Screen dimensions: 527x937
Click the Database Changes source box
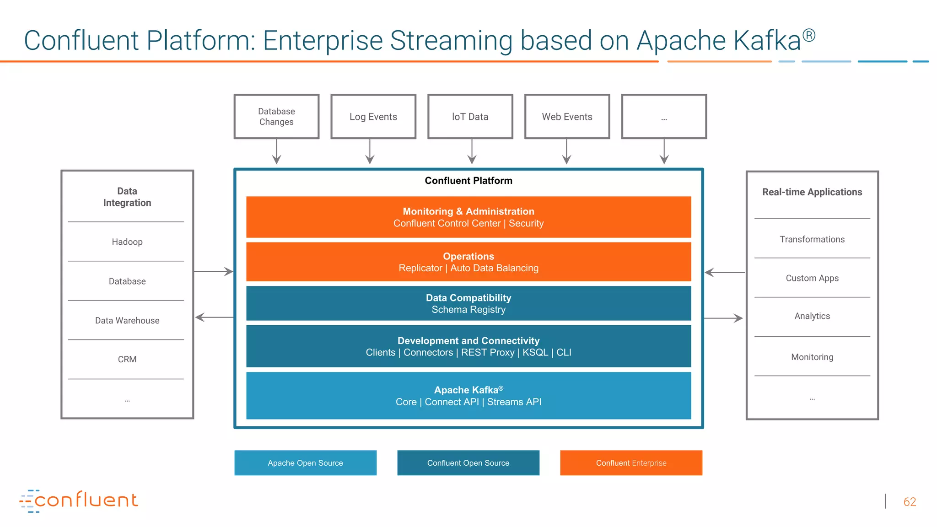(276, 117)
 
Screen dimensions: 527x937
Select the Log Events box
(373, 117)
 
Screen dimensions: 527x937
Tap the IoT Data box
(470, 117)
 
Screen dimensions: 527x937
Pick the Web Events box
(567, 117)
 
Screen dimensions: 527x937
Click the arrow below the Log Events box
(370, 152)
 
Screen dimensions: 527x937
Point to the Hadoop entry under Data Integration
(127, 242)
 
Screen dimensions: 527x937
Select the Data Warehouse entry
(127, 320)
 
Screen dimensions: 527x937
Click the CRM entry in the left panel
(127, 359)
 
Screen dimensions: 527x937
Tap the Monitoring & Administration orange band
(468, 217)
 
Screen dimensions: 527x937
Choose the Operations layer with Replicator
(468, 262)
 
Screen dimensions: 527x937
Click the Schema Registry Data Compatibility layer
(468, 303)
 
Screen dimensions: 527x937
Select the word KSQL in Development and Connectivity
(535, 352)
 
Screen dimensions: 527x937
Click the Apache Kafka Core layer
(468, 396)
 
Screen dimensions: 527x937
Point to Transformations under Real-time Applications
(812, 239)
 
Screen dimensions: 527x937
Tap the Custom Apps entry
(812, 278)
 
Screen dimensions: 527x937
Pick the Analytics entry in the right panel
(812, 316)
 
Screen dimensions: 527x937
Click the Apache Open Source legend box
(305, 463)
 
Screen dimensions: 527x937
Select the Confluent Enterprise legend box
(631, 463)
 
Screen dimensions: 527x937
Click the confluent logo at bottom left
(79, 500)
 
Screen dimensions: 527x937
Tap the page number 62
(910, 502)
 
